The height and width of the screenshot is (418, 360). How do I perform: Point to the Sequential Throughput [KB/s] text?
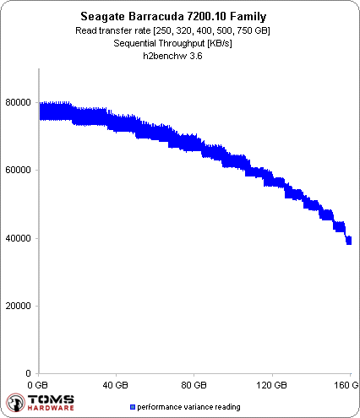tap(180, 44)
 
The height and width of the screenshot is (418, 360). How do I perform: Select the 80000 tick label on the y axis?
tap(19, 102)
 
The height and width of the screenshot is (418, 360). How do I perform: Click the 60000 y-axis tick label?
tap(19, 170)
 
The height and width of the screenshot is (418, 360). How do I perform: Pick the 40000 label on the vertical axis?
tap(19, 238)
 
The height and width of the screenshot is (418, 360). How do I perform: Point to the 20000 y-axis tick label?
tap(19, 306)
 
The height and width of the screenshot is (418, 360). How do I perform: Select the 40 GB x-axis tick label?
tap(117, 384)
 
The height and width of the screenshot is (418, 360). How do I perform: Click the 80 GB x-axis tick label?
tap(194, 384)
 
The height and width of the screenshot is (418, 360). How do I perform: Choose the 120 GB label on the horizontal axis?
tap(272, 384)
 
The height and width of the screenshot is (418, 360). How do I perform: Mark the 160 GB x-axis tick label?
tap(346, 384)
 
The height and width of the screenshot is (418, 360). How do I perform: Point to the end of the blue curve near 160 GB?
tap(348, 241)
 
